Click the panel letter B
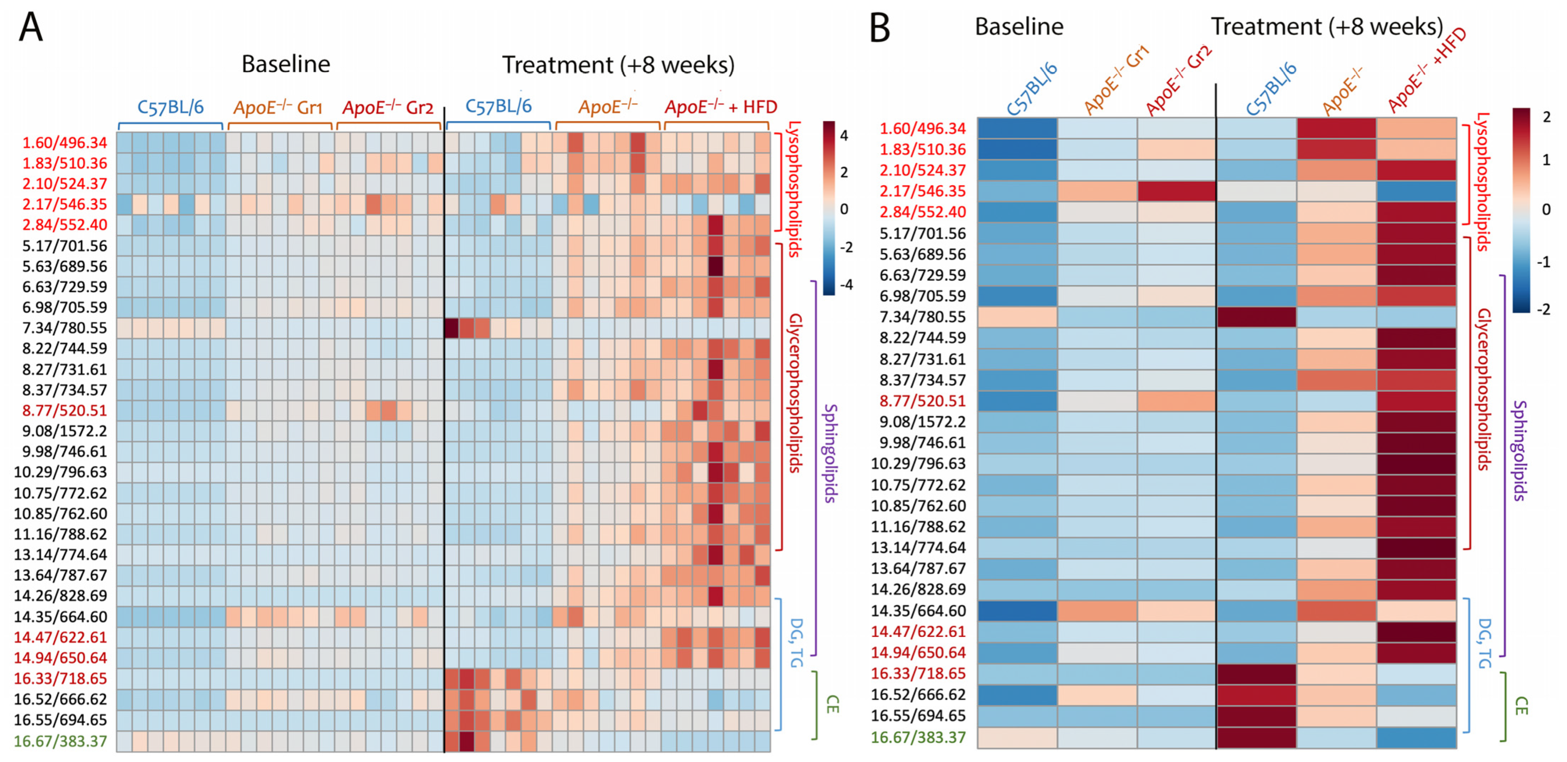(880, 29)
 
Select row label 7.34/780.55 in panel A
(65, 328)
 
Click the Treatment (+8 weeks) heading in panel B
(1327, 27)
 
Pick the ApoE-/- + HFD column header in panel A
(720, 108)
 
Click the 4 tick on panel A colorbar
(844, 136)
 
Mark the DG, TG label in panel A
(796, 642)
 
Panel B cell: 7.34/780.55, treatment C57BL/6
(1256, 317)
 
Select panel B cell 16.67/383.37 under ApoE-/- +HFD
(1416, 737)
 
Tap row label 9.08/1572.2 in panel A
(65, 431)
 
